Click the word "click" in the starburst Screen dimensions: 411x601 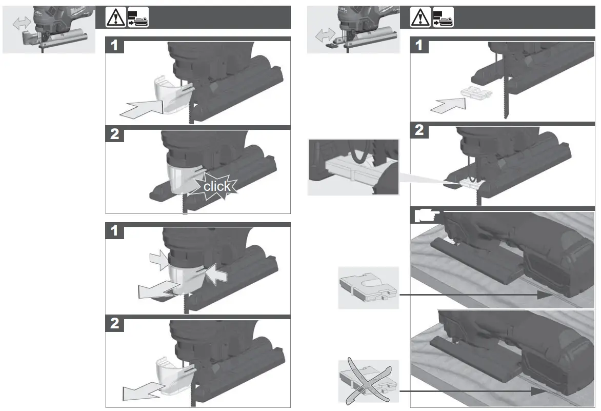[x=217, y=186]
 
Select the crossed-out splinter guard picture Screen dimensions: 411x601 [x=368, y=381]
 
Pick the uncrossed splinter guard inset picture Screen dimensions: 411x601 [x=368, y=288]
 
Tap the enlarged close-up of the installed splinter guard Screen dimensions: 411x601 [x=353, y=167]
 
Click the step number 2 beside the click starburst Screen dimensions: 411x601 [x=115, y=135]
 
